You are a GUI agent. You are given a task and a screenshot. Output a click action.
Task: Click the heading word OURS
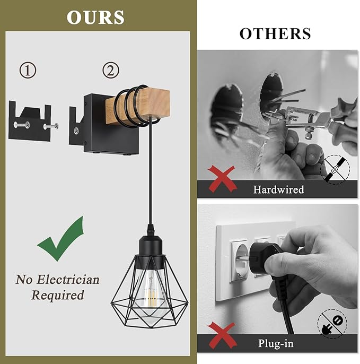[x=95, y=17]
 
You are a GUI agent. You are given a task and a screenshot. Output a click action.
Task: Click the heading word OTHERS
[x=275, y=33]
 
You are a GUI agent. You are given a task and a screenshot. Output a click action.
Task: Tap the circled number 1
[x=28, y=70]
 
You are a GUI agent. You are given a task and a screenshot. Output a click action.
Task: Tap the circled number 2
[x=111, y=70]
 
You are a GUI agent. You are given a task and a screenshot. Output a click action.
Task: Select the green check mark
[x=61, y=239]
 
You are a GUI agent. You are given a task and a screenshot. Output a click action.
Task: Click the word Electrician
[x=68, y=280]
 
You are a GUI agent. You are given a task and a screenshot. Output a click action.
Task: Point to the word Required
[x=57, y=295]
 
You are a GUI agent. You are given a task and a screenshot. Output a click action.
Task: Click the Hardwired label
[x=278, y=189]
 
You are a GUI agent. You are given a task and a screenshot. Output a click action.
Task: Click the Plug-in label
[x=276, y=343]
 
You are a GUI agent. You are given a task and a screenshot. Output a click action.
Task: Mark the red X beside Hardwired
[x=222, y=179]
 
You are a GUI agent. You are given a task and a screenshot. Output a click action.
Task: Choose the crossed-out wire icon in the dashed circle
[x=335, y=169]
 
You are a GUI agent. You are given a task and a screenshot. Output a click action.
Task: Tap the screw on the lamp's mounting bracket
[x=76, y=131]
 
